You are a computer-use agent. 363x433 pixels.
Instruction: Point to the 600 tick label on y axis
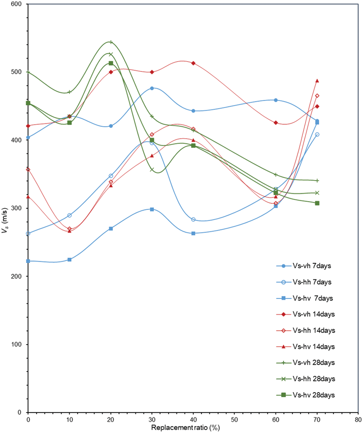16,4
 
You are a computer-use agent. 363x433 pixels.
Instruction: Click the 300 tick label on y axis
16,208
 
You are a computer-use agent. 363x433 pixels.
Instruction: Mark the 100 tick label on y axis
16,344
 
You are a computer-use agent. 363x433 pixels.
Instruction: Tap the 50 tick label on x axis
234,420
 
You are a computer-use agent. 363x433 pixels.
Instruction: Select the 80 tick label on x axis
358,420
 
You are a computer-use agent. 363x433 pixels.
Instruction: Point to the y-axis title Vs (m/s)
5,220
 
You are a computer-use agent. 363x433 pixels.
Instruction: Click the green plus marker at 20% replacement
111,42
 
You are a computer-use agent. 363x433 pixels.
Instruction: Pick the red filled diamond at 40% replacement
193,63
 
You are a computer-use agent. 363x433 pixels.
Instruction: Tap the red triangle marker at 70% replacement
317,81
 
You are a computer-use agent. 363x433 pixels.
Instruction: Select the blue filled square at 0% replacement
28,261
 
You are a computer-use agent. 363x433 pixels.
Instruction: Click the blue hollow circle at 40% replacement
193,219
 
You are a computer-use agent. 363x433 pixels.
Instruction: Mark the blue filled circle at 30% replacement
152,88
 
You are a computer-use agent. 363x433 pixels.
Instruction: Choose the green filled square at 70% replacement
317,203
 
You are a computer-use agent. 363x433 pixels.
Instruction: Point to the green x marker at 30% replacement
152,170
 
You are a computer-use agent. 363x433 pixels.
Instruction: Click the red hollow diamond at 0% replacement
28,170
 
